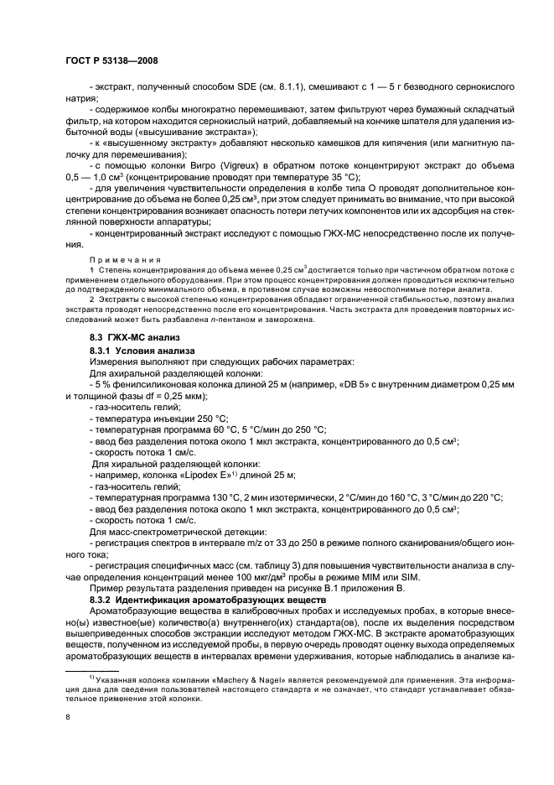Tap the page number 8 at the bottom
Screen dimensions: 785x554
tap(68, 715)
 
